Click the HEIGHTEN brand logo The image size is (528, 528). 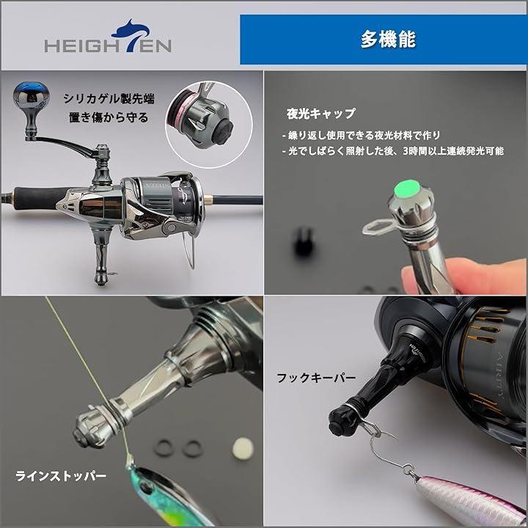pyautogui.click(x=108, y=37)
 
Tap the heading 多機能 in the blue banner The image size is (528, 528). pyautogui.click(x=388, y=39)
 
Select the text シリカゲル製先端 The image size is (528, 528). pyautogui.click(x=109, y=99)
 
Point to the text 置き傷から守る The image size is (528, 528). pyautogui.click(x=109, y=117)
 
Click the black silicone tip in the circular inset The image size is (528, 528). pyautogui.click(x=224, y=132)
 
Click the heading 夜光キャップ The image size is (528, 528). pyautogui.click(x=320, y=114)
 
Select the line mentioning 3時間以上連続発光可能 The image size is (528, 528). pyautogui.click(x=393, y=151)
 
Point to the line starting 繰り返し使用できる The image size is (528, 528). pyautogui.click(x=361, y=136)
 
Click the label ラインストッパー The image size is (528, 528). pyautogui.click(x=61, y=476)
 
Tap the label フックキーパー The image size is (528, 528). pyautogui.click(x=316, y=378)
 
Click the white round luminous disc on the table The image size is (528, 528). pyautogui.click(x=243, y=448)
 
